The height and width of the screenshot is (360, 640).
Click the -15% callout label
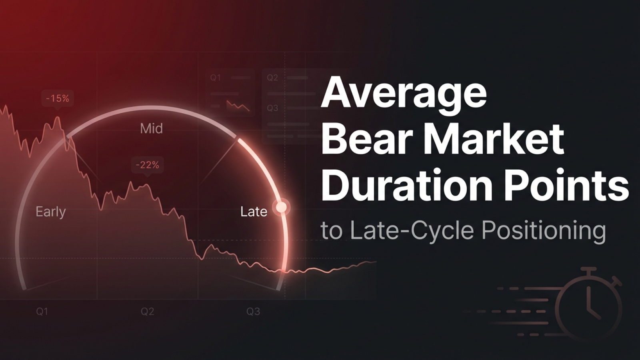[x=58, y=98]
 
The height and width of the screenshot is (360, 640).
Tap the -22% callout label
[x=147, y=165]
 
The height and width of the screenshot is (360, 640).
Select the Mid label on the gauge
[x=151, y=128]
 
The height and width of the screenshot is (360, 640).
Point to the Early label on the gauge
[x=50, y=211]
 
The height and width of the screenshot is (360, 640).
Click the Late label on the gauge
[x=254, y=211]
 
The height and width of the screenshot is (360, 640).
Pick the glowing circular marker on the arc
[x=282, y=207]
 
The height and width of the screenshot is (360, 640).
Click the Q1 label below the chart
[x=42, y=312]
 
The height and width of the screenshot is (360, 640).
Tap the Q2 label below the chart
[x=147, y=312]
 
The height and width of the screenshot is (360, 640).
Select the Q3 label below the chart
[x=253, y=312]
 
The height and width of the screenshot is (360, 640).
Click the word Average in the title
[x=404, y=94]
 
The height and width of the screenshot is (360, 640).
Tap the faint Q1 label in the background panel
[x=216, y=78]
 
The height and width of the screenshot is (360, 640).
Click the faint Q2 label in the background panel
[x=272, y=78]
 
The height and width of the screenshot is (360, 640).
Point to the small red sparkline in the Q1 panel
[x=238, y=106]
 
